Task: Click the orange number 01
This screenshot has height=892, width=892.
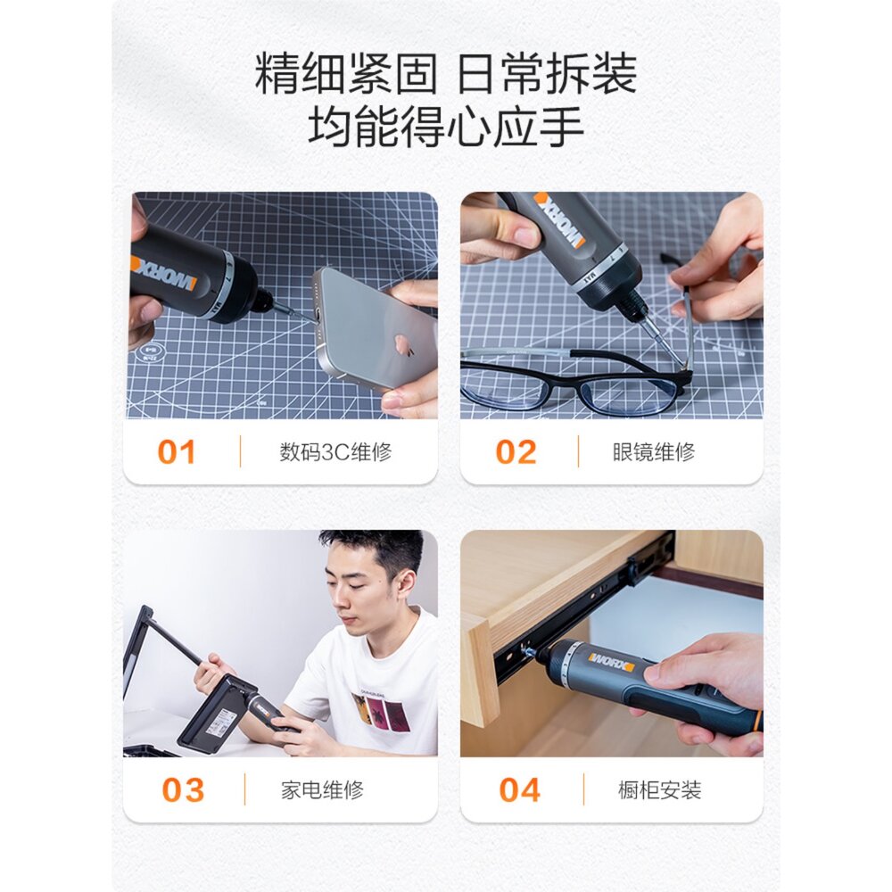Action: point(177,452)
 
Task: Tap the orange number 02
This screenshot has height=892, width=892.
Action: point(516,452)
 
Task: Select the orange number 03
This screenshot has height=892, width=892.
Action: point(183,790)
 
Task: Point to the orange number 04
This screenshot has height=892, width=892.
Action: point(519,790)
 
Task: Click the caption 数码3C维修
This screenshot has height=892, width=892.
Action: point(335,452)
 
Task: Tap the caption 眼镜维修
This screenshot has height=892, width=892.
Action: point(654,452)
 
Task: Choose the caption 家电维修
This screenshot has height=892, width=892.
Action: point(322,790)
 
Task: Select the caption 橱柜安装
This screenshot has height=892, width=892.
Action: point(660,790)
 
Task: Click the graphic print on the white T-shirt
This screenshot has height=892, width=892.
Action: point(378,713)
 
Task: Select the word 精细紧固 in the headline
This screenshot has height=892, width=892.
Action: point(345,74)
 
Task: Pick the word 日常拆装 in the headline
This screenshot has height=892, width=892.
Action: point(547,74)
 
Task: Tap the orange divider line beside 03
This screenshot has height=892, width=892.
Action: point(244,789)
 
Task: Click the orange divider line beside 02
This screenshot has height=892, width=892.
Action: point(579,451)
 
